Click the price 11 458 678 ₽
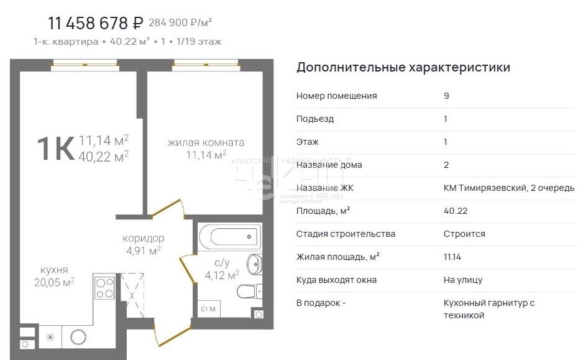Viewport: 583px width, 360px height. coord(96,24)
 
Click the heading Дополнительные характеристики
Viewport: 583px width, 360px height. coord(403,67)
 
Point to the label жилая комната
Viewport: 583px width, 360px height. coord(206,142)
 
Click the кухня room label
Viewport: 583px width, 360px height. coord(54,270)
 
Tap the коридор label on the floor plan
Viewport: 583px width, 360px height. coord(143,238)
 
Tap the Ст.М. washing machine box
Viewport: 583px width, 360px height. coord(208,308)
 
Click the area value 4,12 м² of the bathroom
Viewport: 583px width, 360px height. coord(223,275)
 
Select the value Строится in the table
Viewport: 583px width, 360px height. coord(464,234)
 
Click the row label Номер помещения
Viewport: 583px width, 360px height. coord(336,96)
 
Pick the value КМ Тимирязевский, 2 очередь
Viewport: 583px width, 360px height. coord(508,188)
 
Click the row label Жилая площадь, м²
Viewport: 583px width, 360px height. coord(337,257)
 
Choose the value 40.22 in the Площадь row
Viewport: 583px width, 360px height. coord(455,211)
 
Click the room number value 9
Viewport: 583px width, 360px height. coord(446,96)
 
